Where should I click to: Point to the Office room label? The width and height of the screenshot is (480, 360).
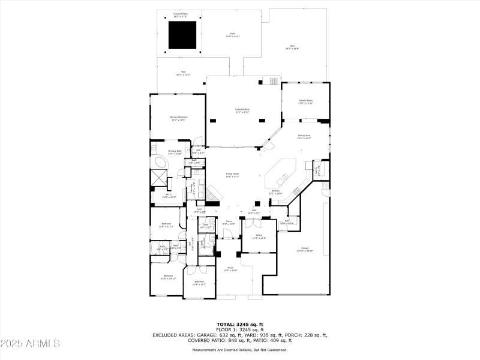click(x=258, y=236)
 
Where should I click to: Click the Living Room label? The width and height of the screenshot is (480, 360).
click(x=232, y=175)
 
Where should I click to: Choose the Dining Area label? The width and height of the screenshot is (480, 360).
click(x=304, y=137)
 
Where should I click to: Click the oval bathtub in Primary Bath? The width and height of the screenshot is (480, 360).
click(x=160, y=164)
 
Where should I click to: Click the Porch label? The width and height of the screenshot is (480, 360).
click(x=230, y=269)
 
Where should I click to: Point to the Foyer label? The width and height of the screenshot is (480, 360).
click(x=229, y=223)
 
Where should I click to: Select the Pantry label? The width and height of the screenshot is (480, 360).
click(x=317, y=171)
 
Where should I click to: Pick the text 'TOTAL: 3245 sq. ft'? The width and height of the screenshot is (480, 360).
click(x=240, y=324)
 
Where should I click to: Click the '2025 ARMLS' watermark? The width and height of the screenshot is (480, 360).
click(x=30, y=344)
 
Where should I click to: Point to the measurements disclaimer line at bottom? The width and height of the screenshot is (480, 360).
click(x=240, y=350)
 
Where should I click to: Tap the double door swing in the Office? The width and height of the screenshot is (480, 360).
click(x=251, y=226)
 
